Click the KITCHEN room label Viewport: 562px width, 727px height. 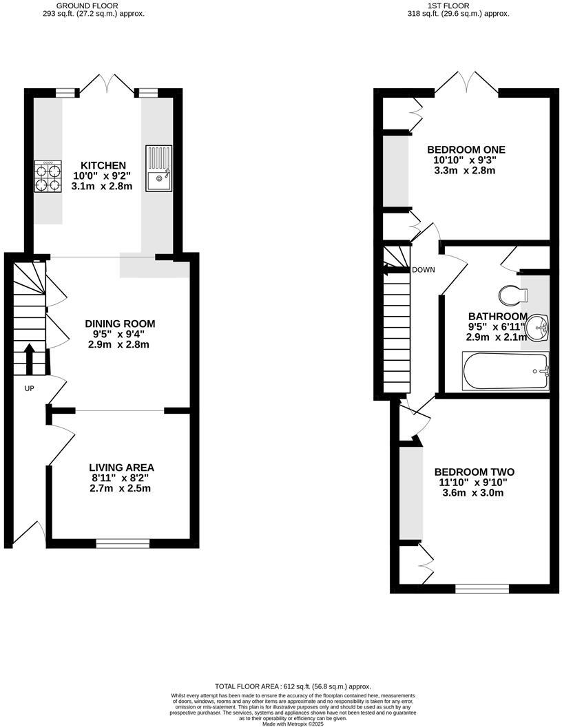click(x=103, y=165)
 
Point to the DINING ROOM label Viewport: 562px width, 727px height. click(x=120, y=324)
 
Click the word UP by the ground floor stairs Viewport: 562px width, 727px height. click(x=30, y=389)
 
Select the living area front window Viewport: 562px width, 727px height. click(x=123, y=543)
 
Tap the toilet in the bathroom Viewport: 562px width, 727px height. click(x=513, y=294)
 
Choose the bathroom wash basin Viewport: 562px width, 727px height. click(x=536, y=328)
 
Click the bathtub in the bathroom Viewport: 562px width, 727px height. click(x=506, y=372)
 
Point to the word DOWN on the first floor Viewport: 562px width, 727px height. click(x=424, y=270)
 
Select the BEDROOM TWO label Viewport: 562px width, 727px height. click(x=475, y=472)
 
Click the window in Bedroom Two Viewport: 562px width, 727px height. click(x=482, y=588)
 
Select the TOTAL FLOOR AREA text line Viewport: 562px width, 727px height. click(x=293, y=686)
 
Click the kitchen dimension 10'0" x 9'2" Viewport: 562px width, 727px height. click(x=103, y=176)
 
